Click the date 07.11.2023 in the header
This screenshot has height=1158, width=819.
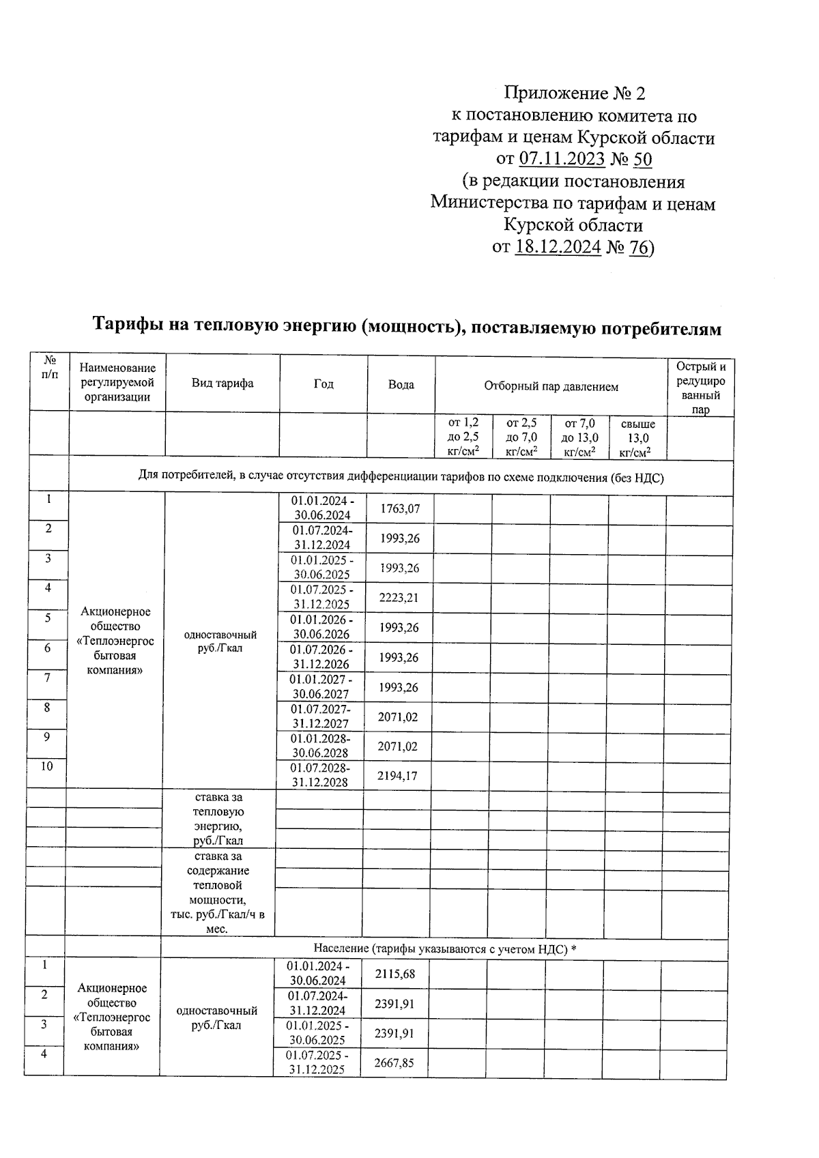coord(562,159)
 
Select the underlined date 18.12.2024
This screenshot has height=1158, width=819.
coord(558,246)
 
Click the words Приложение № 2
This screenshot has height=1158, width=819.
coord(574,93)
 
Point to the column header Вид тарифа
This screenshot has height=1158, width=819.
coord(222,383)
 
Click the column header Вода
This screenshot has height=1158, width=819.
coord(401,385)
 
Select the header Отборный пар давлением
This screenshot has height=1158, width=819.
coord(551,386)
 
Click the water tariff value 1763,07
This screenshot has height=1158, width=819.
coord(400,508)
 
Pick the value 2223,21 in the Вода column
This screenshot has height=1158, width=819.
coord(399,598)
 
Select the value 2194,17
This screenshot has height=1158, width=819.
coord(397,776)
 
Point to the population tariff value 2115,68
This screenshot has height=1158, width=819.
coord(394,974)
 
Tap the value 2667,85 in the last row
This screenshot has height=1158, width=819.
coord(394,1063)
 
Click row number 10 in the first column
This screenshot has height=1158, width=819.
coord(46,766)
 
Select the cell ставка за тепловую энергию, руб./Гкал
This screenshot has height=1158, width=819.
coord(218,819)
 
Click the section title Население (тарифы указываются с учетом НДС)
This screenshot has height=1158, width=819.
coord(444,949)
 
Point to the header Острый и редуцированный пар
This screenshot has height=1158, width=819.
coord(700,388)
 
